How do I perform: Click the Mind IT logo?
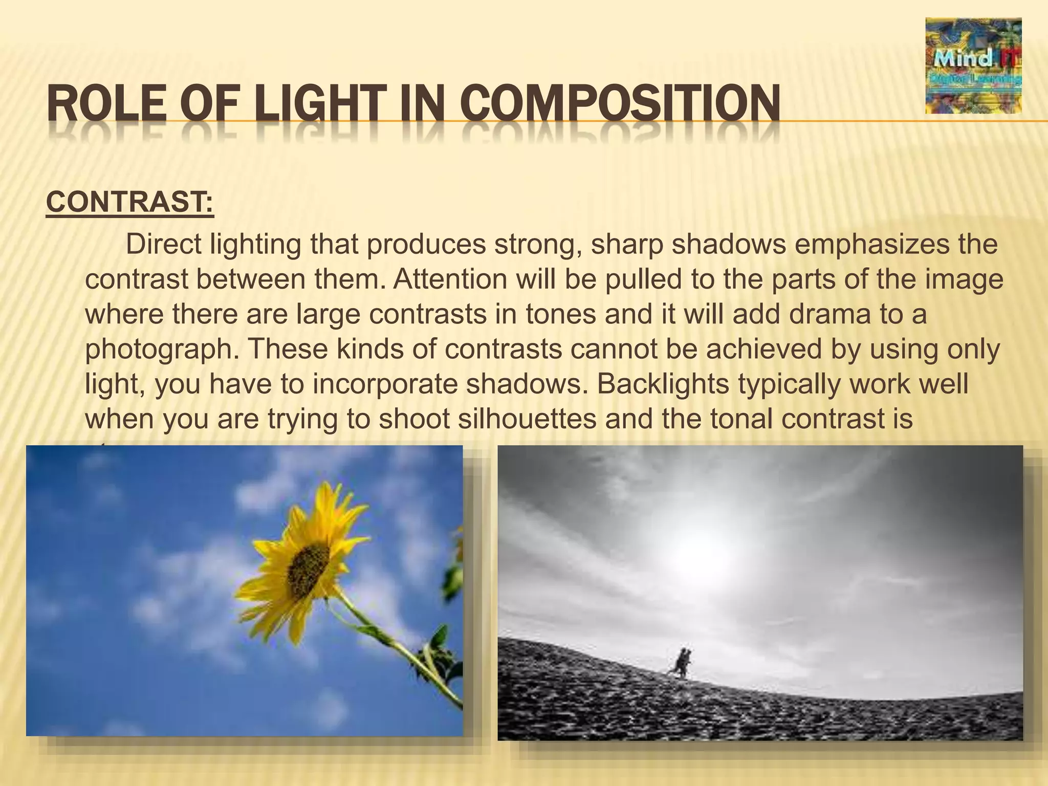[x=973, y=65]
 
